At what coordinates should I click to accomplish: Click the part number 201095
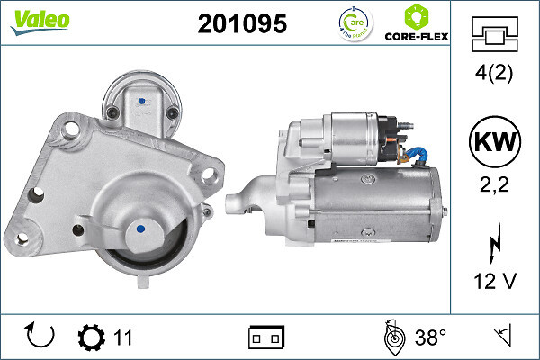[x=242, y=24]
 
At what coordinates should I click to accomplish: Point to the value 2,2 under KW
[x=495, y=186]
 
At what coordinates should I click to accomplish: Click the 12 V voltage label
[x=495, y=282]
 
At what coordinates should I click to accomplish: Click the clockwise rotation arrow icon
[x=41, y=337]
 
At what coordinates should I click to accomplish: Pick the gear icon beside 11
[x=91, y=337]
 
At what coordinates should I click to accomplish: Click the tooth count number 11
[x=123, y=337]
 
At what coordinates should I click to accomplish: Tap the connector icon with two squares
[x=265, y=337]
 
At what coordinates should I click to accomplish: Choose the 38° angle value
[x=430, y=337]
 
